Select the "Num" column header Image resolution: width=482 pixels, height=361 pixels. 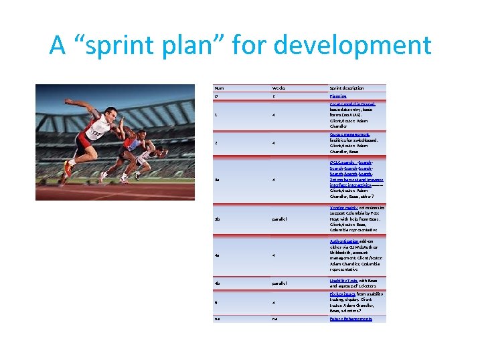tap(218, 88)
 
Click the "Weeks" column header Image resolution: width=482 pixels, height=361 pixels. tap(279, 88)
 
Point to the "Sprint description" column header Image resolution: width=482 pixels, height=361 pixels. tap(346, 88)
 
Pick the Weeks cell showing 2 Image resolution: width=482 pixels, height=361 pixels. tap(273, 96)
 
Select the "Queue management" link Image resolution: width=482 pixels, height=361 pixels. tap(349, 134)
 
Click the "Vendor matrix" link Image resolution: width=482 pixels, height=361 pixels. tap(343, 208)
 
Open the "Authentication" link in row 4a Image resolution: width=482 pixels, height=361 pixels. tap(344, 241)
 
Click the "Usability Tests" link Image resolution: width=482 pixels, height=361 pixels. tap(343, 280)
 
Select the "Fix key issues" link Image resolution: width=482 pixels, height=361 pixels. tap(342, 293)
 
